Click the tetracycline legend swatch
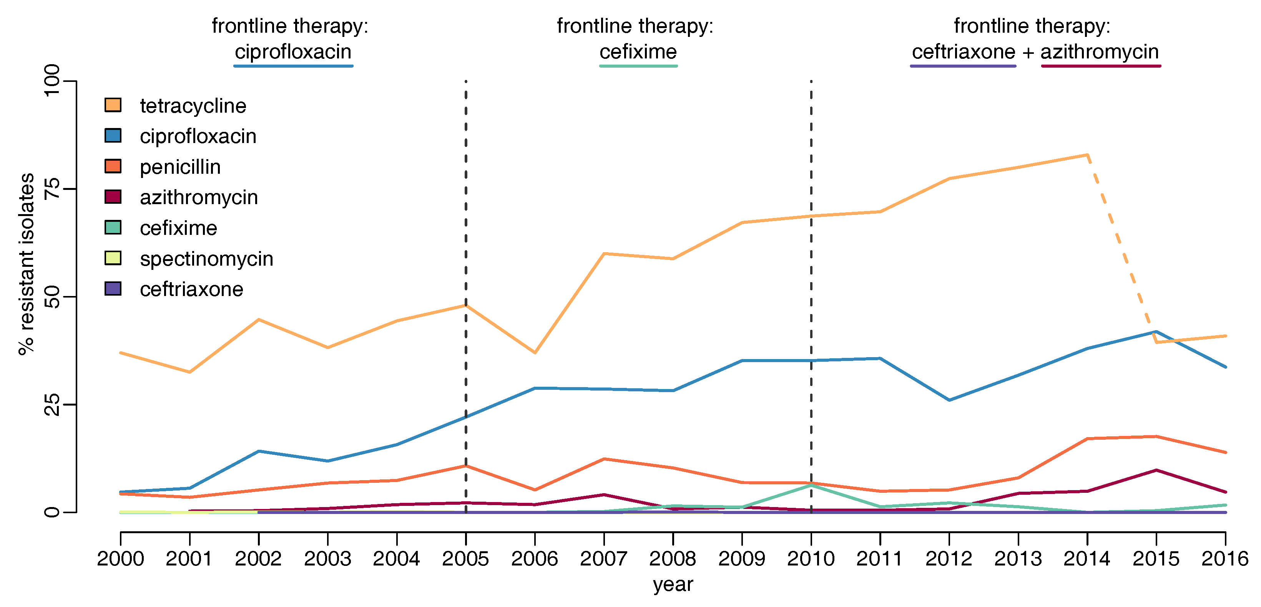[x=113, y=105]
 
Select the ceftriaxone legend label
[x=191, y=289]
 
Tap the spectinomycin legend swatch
[x=113, y=258]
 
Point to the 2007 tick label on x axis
[x=603, y=559]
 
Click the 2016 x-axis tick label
[x=1225, y=559]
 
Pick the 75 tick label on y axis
[x=52, y=189]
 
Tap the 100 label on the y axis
[x=52, y=81]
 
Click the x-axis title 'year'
[x=673, y=584]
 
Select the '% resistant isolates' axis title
[x=27, y=264]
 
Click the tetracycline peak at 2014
[x=1087, y=155]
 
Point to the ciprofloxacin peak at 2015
[x=1156, y=332]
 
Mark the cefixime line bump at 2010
[x=811, y=485]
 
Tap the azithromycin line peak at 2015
[x=1156, y=471]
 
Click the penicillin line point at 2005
[x=465, y=466]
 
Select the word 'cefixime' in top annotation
[x=638, y=52]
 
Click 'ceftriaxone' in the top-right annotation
[x=964, y=52]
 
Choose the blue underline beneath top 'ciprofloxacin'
[x=293, y=66]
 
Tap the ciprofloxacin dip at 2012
[x=949, y=400]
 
